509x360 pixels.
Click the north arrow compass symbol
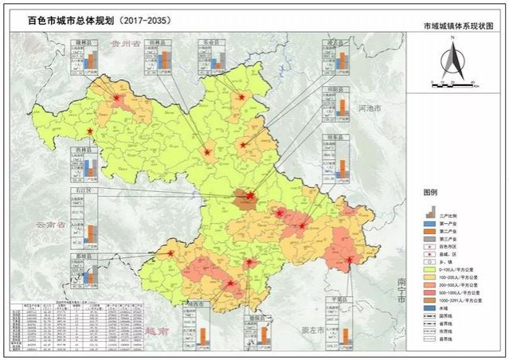tap(448, 63)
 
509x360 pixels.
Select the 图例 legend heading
tap(431, 193)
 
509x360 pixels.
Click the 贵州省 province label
tap(126, 44)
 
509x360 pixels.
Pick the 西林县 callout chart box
tap(84, 163)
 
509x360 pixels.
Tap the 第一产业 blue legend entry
tap(446, 224)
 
